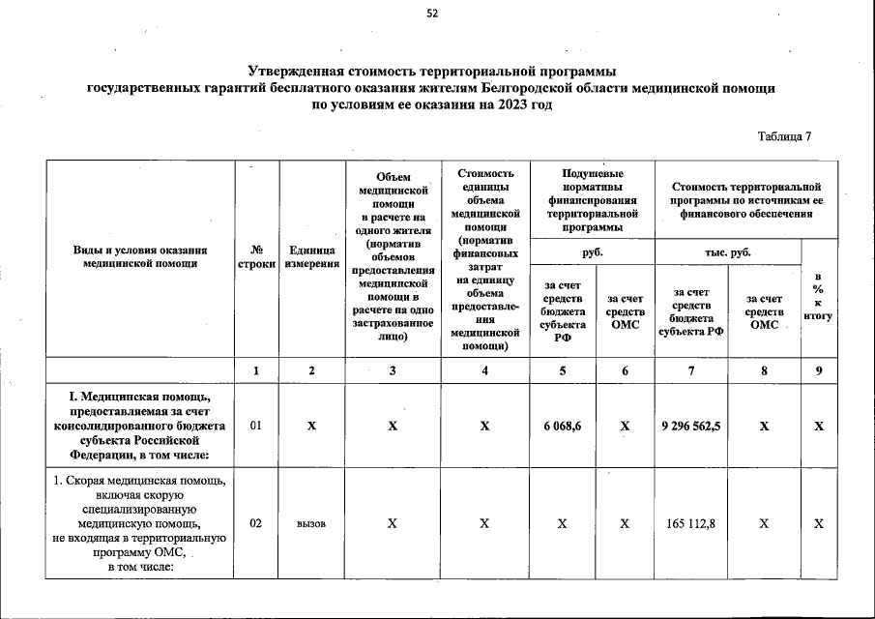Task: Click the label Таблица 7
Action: pos(784,135)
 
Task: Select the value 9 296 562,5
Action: pos(691,426)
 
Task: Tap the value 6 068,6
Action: pos(564,426)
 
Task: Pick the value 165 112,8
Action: pos(691,523)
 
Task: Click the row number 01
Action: pos(256,426)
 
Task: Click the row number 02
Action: pos(256,523)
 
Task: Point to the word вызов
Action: pos(311,523)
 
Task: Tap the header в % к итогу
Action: pos(818,302)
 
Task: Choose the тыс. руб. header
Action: pos(728,251)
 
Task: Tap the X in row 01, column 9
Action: pos(818,426)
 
